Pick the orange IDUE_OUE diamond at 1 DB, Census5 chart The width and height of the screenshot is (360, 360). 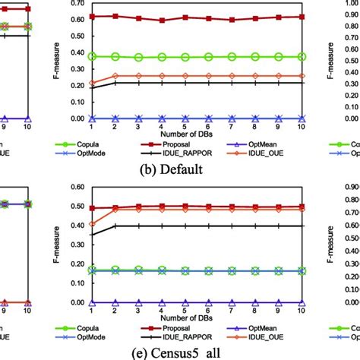pyautogui.click(x=93, y=224)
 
